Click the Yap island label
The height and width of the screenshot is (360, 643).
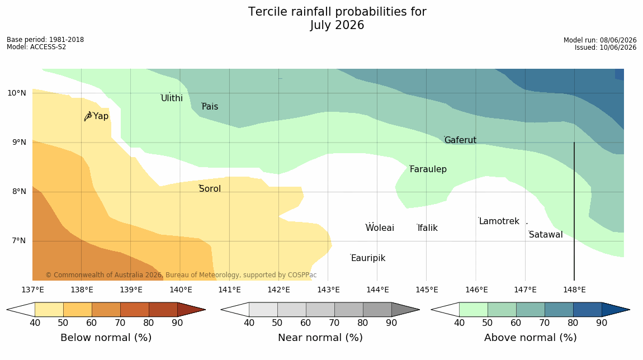click(101, 116)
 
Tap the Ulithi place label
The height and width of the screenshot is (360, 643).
click(172, 98)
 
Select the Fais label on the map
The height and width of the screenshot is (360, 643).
click(210, 107)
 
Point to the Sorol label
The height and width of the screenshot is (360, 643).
click(210, 188)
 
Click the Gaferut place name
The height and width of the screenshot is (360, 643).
click(461, 140)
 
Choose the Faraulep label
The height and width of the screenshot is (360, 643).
click(428, 169)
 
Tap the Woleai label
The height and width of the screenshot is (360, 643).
click(380, 228)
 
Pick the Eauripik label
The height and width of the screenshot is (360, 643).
click(368, 258)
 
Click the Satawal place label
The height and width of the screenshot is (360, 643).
click(546, 235)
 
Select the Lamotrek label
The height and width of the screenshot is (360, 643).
click(499, 221)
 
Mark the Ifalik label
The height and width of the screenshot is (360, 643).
click(428, 228)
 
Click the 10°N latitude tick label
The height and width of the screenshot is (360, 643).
click(16, 93)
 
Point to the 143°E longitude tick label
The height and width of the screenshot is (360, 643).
click(328, 290)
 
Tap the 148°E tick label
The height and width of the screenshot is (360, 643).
click(574, 290)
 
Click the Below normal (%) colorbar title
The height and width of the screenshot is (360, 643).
click(106, 338)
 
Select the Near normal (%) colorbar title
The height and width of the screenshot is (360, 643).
click(320, 338)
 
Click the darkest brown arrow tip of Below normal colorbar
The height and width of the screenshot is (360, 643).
click(205, 310)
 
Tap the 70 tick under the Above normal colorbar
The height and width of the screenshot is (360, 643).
click(544, 323)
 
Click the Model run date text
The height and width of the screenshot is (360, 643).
click(600, 40)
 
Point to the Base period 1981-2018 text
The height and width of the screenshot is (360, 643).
click(45, 40)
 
